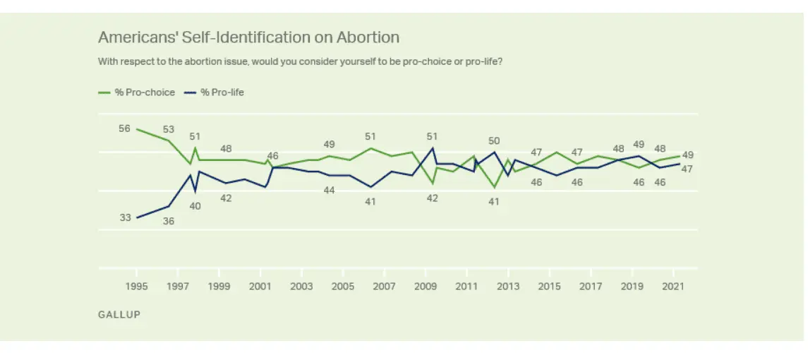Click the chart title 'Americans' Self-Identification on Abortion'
(x=248, y=37)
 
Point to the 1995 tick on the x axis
(x=137, y=286)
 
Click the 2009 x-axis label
(x=426, y=286)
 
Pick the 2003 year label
(x=302, y=286)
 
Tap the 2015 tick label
(x=549, y=286)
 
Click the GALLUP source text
(x=119, y=315)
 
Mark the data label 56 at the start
(x=125, y=128)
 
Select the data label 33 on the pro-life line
(x=125, y=218)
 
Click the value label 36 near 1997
(x=168, y=221)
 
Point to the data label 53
(x=168, y=129)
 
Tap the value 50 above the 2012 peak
(x=494, y=140)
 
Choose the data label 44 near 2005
(x=329, y=190)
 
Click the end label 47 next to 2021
(x=687, y=169)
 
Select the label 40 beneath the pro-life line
(x=195, y=206)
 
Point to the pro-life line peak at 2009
(x=432, y=148)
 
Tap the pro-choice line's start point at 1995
(x=137, y=129)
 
